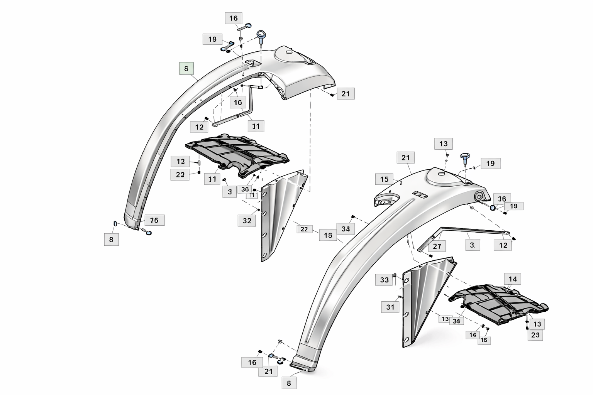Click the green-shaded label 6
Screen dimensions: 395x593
click(186, 69)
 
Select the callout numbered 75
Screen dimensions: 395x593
click(154, 220)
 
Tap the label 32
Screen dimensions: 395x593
click(247, 221)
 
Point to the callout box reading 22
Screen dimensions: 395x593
click(304, 229)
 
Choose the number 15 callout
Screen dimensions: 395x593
click(384, 179)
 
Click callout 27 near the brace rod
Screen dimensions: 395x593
click(437, 246)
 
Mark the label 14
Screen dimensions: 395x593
click(512, 279)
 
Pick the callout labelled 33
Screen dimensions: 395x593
click(384, 280)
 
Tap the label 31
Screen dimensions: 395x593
click(390, 307)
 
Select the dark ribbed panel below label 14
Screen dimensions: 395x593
click(498, 303)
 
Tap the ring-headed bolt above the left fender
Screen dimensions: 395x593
click(261, 35)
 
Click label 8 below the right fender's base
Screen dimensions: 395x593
click(289, 383)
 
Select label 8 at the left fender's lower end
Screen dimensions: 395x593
click(111, 240)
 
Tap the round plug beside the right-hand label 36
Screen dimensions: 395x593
click(493, 208)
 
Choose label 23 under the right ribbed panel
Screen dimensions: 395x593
click(535, 335)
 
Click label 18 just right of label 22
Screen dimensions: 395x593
click(328, 235)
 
